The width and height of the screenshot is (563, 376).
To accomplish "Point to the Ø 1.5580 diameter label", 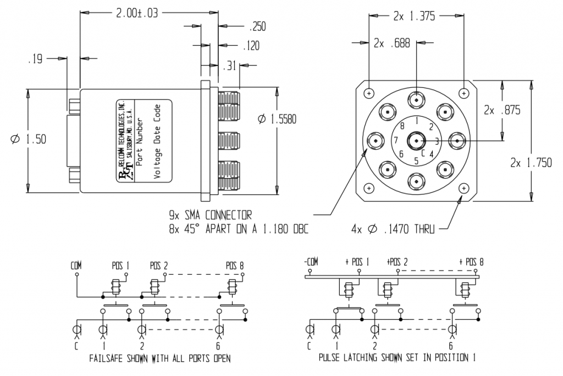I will click(x=277, y=119).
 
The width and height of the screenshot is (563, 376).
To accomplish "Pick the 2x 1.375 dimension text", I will click(x=414, y=16).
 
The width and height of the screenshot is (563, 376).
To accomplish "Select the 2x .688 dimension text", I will click(x=391, y=42).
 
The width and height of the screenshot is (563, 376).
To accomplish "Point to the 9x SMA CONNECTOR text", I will click(x=211, y=214).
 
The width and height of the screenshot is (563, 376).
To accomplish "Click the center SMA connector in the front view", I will click(x=417, y=141).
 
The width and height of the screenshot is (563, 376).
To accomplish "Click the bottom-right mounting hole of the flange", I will click(x=465, y=189).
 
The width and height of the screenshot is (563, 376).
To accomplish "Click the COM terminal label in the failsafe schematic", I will click(x=76, y=266).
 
